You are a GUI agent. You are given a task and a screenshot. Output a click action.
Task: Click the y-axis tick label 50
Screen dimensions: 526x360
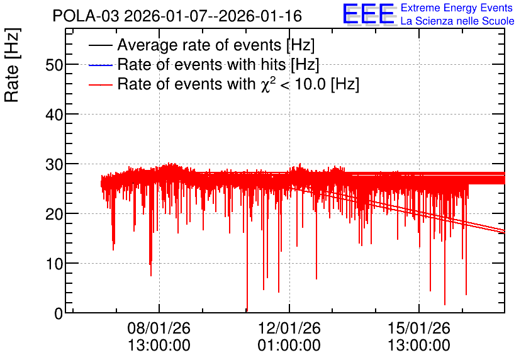pos(54,65)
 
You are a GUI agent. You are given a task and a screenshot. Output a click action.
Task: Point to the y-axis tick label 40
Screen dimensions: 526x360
pos(54,115)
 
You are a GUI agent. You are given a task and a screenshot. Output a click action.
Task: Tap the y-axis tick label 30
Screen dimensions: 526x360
pos(54,164)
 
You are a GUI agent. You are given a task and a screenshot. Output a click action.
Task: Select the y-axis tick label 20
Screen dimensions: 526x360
pos(54,214)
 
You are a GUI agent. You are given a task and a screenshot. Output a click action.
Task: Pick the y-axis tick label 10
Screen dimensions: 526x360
pos(54,264)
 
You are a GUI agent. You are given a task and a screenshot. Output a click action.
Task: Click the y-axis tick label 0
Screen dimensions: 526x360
pos(59,313)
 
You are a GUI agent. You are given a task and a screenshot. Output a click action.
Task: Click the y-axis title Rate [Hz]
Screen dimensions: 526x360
pos(12,65)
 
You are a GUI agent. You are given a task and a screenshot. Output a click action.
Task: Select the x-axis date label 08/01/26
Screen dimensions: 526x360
pos(159,328)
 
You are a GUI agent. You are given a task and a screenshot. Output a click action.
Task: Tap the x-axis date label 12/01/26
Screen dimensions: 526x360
pos(289,328)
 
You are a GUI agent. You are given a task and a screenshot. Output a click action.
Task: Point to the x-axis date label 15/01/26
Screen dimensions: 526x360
pos(418,328)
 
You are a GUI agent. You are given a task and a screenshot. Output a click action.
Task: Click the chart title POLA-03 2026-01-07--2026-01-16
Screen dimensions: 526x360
pos(177,16)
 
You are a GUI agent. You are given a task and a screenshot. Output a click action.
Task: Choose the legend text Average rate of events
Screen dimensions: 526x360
pos(199,45)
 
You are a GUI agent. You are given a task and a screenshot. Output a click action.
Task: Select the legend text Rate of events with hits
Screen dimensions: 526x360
pos(201,64)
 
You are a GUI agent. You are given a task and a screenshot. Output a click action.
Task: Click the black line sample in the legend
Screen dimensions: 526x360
pos(100,45)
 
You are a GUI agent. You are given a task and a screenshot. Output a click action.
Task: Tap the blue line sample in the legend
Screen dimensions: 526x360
pos(100,65)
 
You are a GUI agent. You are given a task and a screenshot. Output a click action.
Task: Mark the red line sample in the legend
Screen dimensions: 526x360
pos(100,84)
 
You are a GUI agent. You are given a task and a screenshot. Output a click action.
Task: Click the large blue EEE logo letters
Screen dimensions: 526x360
pos(369,14)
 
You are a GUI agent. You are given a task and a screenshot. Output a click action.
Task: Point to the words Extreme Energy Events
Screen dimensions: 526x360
pos(457,8)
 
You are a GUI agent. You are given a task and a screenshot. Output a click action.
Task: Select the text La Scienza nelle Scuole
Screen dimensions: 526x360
pos(457,21)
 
